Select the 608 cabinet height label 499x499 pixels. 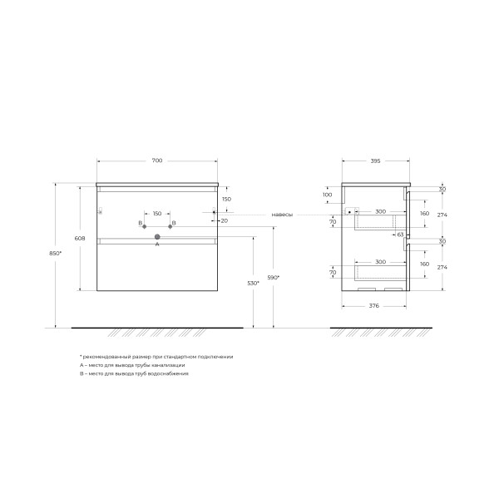pyautogui.click(x=80, y=239)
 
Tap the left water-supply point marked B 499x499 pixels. pyautogui.click(x=142, y=224)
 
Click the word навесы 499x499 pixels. pyautogui.click(x=281, y=215)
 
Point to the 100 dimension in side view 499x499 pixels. pyautogui.click(x=328, y=195)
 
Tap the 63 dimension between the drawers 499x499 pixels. pyautogui.click(x=400, y=235)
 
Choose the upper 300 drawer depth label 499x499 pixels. pyautogui.click(x=379, y=212)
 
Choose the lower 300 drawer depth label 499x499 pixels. pyautogui.click(x=379, y=262)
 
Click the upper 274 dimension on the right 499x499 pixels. pyautogui.click(x=442, y=215)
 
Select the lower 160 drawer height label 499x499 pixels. pyautogui.click(x=424, y=264)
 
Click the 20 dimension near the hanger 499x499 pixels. pyautogui.click(x=225, y=220)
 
